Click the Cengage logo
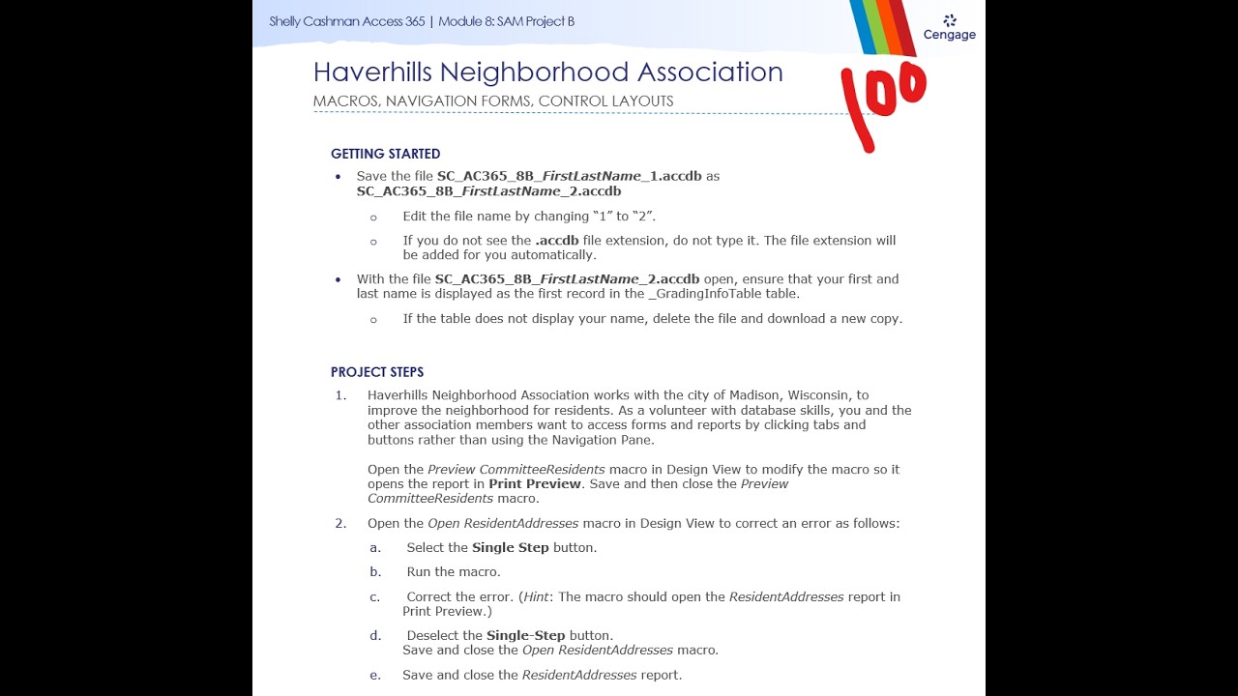[949, 28]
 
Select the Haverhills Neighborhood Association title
[547, 72]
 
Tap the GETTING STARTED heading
[385, 154]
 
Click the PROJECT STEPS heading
[377, 372]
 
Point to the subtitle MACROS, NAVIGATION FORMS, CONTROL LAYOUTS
[493, 101]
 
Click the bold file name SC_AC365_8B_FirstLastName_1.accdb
[569, 176]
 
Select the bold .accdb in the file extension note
[557, 241]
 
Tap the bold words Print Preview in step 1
[535, 484]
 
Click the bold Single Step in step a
[510, 548]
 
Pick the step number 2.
[340, 524]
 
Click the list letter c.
[374, 597]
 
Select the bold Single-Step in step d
[525, 636]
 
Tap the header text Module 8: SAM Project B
[506, 21]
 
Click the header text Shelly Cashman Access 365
[346, 21]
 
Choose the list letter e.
[374, 676]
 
